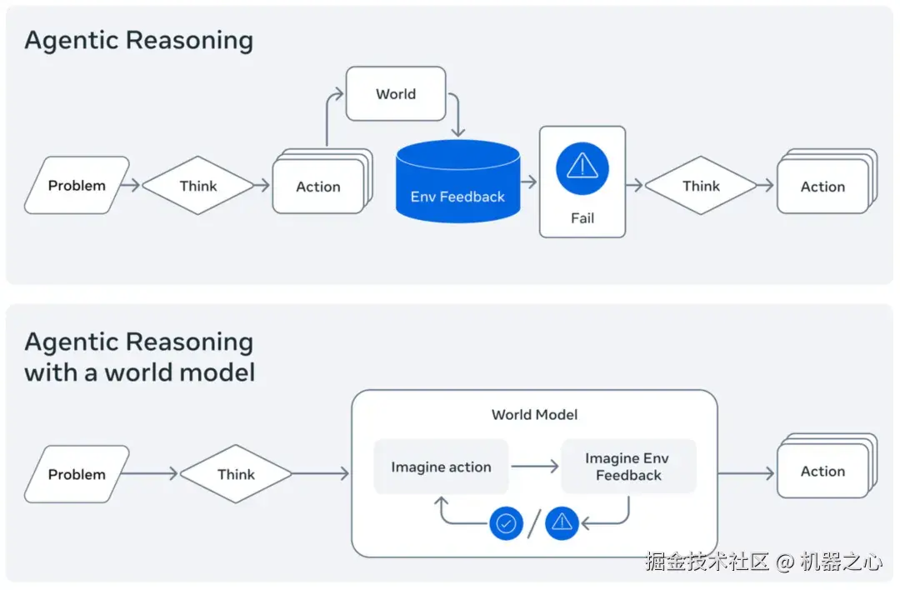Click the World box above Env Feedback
pyautogui.click(x=396, y=93)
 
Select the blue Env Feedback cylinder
pyautogui.click(x=458, y=182)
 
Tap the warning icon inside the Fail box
pyautogui.click(x=582, y=168)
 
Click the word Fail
pyautogui.click(x=582, y=218)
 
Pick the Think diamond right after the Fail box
pyautogui.click(x=701, y=185)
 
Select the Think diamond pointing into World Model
pyautogui.click(x=236, y=474)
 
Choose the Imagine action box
pyautogui.click(x=441, y=467)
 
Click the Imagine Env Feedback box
pyautogui.click(x=628, y=467)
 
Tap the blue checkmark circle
pyautogui.click(x=506, y=523)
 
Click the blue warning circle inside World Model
pyautogui.click(x=562, y=523)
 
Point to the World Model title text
pyautogui.click(x=534, y=414)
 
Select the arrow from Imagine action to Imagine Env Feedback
pyautogui.click(x=535, y=467)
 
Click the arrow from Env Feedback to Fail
pyautogui.click(x=528, y=182)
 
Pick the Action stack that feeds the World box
pyautogui.click(x=322, y=182)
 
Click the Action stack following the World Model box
pyautogui.click(x=827, y=466)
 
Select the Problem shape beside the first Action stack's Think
pyautogui.click(x=77, y=185)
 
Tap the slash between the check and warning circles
pyautogui.click(x=534, y=523)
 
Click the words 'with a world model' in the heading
pyautogui.click(x=139, y=372)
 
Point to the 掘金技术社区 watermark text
pyautogui.click(x=707, y=561)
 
